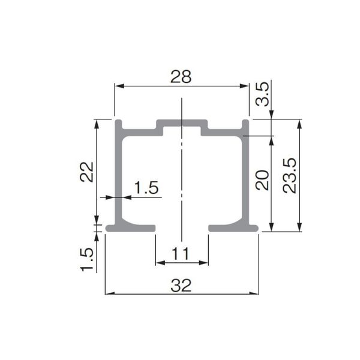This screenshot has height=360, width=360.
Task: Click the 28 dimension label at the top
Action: tap(181, 76)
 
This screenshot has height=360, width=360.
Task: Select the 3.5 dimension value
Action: tap(262, 95)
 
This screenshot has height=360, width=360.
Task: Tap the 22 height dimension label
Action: tap(87, 172)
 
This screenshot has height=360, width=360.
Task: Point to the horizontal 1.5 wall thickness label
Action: tap(145, 188)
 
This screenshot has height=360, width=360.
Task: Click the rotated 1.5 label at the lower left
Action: tap(87, 259)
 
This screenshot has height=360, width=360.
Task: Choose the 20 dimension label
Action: tap(262, 179)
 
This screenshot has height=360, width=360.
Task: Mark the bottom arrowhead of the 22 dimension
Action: tap(97, 220)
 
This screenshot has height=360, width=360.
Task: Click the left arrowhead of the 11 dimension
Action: tap(159, 263)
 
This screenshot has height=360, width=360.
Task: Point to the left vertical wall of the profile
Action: tap(119, 174)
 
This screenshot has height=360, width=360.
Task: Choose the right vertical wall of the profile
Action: tap(246, 174)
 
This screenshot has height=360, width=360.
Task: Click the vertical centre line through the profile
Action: tap(181, 180)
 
